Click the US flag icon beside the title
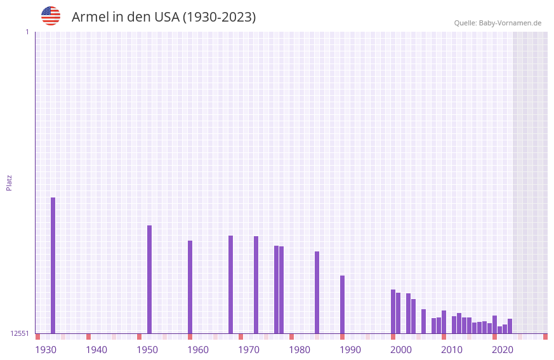pyautogui.click(x=51, y=16)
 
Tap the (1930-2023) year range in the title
pyautogui.click(x=219, y=17)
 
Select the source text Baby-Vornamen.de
pyautogui.click(x=510, y=23)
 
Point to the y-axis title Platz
pyautogui.click(x=9, y=182)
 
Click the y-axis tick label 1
pyautogui.click(x=27, y=32)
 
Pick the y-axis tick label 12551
pyautogui.click(x=20, y=333)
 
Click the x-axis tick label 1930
pyautogui.click(x=46, y=350)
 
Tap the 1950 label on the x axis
pyautogui.click(x=147, y=350)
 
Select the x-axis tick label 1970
pyautogui.click(x=249, y=350)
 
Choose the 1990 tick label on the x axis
pyautogui.click(x=350, y=350)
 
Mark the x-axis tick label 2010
pyautogui.click(x=452, y=350)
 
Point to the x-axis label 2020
pyautogui.click(x=503, y=350)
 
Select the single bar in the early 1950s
pyautogui.click(x=149, y=279)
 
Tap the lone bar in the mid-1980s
pyautogui.click(x=317, y=292)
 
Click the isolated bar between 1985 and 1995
pyautogui.click(x=342, y=304)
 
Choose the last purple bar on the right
pyautogui.click(x=510, y=326)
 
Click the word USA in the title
pyautogui.click(x=166, y=17)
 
